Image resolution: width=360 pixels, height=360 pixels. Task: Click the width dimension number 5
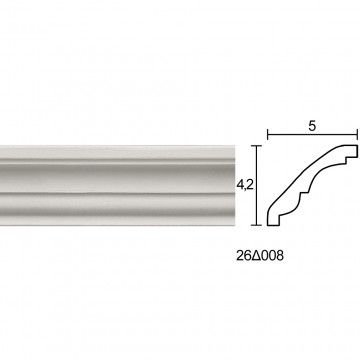pos(312,126)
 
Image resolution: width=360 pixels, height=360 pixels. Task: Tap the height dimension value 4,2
pos(245,186)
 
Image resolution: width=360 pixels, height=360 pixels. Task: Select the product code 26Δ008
pos(260,256)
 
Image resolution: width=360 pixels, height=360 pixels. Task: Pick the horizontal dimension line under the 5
pos(312,135)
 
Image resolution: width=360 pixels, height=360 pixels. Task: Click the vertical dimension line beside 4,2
pos(256,185)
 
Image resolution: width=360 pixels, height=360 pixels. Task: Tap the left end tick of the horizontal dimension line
pos(268,135)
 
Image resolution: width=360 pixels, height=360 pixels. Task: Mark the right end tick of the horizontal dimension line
pos(357,135)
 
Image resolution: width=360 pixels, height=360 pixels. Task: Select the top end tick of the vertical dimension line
pos(256,146)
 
